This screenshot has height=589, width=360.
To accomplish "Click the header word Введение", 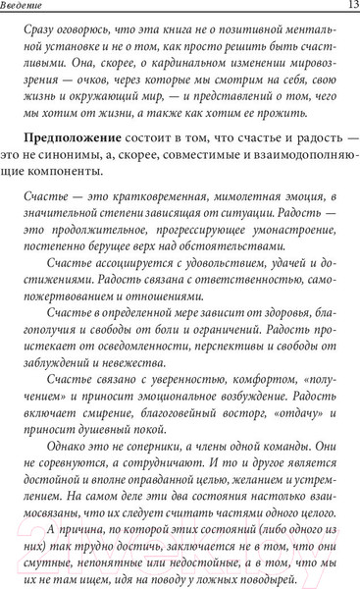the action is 30,9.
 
